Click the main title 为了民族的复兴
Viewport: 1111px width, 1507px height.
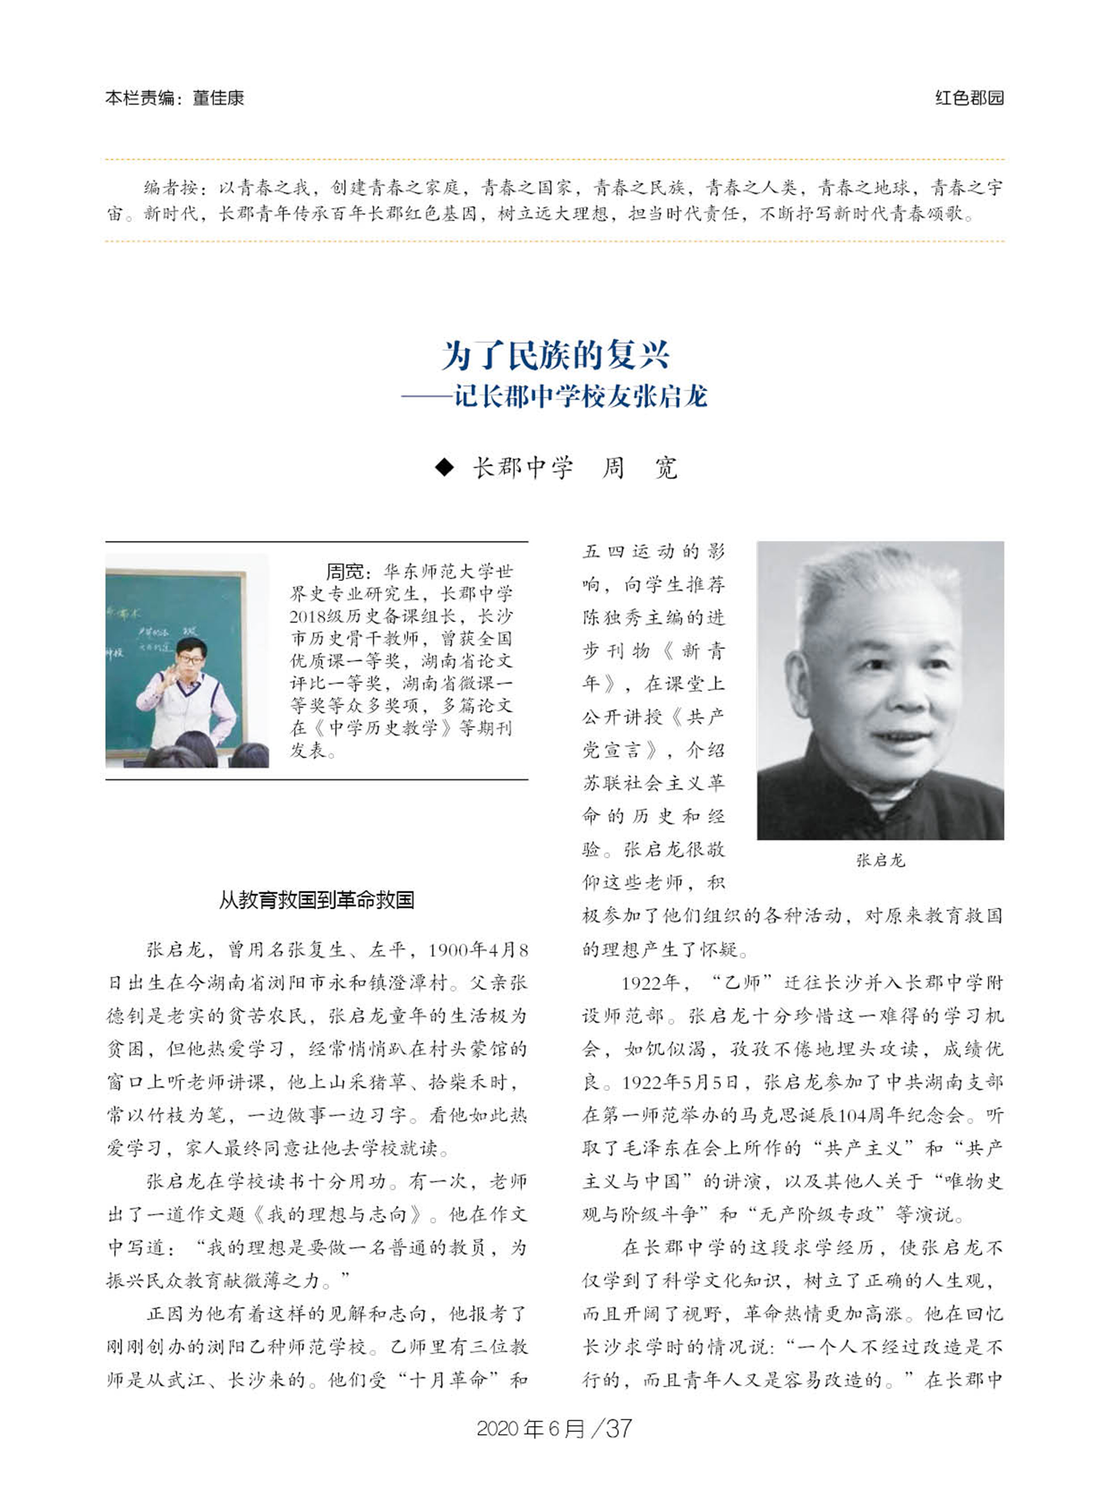coord(555,356)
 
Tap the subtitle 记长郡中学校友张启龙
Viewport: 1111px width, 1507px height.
coord(580,396)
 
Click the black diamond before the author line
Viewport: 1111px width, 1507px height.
coord(444,467)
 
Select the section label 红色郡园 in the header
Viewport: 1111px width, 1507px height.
coord(969,98)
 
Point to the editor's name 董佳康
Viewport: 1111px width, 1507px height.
coord(218,98)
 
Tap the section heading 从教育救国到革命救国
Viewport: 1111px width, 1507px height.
coord(316,900)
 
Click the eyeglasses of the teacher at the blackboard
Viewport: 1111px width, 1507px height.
coord(191,660)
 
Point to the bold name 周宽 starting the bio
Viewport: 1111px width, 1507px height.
coord(344,572)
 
